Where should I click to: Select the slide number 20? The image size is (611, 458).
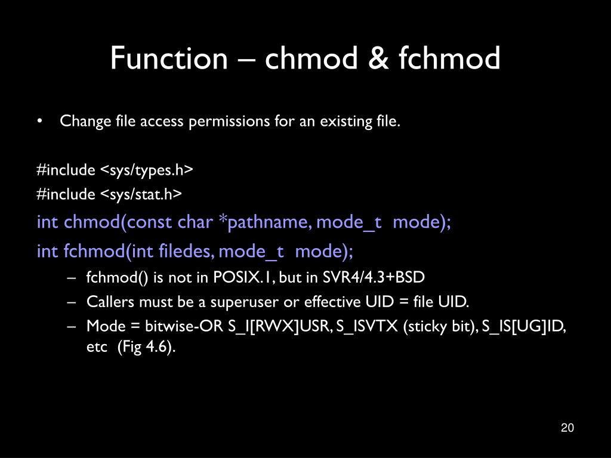pos(567,428)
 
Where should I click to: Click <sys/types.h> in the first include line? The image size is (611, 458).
pos(146,170)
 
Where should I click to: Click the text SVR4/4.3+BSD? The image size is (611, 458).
pos(375,277)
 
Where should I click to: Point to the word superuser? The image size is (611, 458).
pos(244,302)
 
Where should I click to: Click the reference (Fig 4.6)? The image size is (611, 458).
pos(146,348)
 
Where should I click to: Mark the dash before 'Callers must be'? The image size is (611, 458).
pos(72,302)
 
